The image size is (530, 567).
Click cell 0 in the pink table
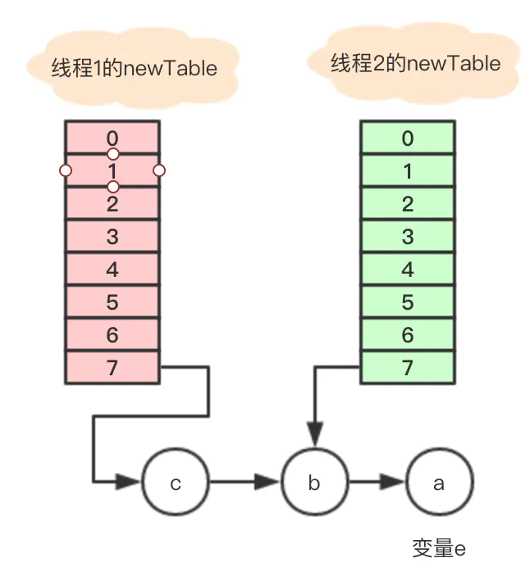[112, 137]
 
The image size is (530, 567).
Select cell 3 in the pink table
[112, 237]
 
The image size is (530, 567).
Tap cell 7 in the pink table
[112, 368]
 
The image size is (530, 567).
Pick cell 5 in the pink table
[112, 302]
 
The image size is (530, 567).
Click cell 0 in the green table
[408, 138]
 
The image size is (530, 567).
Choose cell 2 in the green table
[408, 204]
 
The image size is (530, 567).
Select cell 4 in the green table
[408, 270]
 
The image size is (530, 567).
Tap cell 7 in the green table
[408, 368]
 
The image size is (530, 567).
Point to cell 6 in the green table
[408, 335]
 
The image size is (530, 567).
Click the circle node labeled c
[176, 483]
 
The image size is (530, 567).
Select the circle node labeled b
[315, 483]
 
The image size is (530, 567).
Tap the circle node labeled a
[439, 483]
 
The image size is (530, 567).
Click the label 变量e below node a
[439, 548]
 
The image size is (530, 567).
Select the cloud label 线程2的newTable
[415, 63]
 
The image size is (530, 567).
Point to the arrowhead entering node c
[129, 482]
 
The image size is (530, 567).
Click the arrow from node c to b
[245, 483]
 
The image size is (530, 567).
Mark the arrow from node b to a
[377, 483]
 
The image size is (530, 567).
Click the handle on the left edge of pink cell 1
[66, 170]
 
